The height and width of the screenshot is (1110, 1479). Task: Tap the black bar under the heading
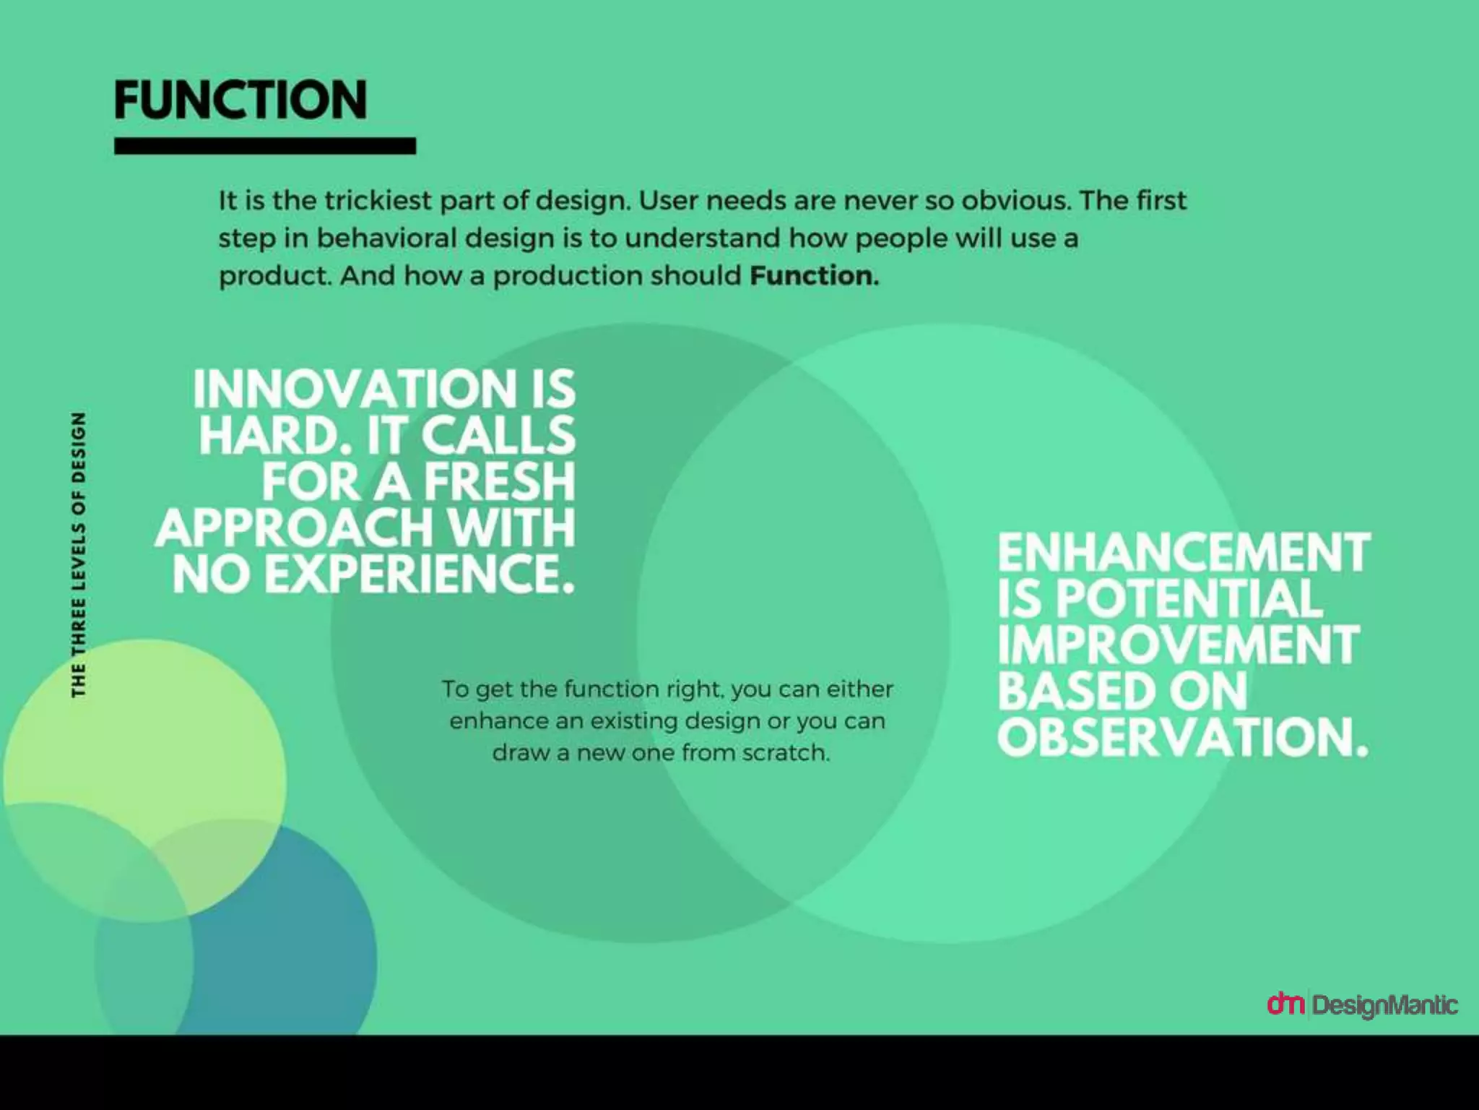[264, 146]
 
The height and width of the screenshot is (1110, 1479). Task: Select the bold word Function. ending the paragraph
[814, 275]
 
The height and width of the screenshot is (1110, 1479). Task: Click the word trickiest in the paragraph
[377, 200]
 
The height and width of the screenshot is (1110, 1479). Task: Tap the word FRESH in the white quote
[499, 482]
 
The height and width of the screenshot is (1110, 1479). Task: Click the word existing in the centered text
[636, 721]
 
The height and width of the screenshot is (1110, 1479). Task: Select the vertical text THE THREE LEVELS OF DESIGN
[79, 555]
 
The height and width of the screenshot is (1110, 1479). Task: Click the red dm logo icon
[1285, 1003]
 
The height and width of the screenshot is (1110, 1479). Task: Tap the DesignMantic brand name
[1384, 1005]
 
